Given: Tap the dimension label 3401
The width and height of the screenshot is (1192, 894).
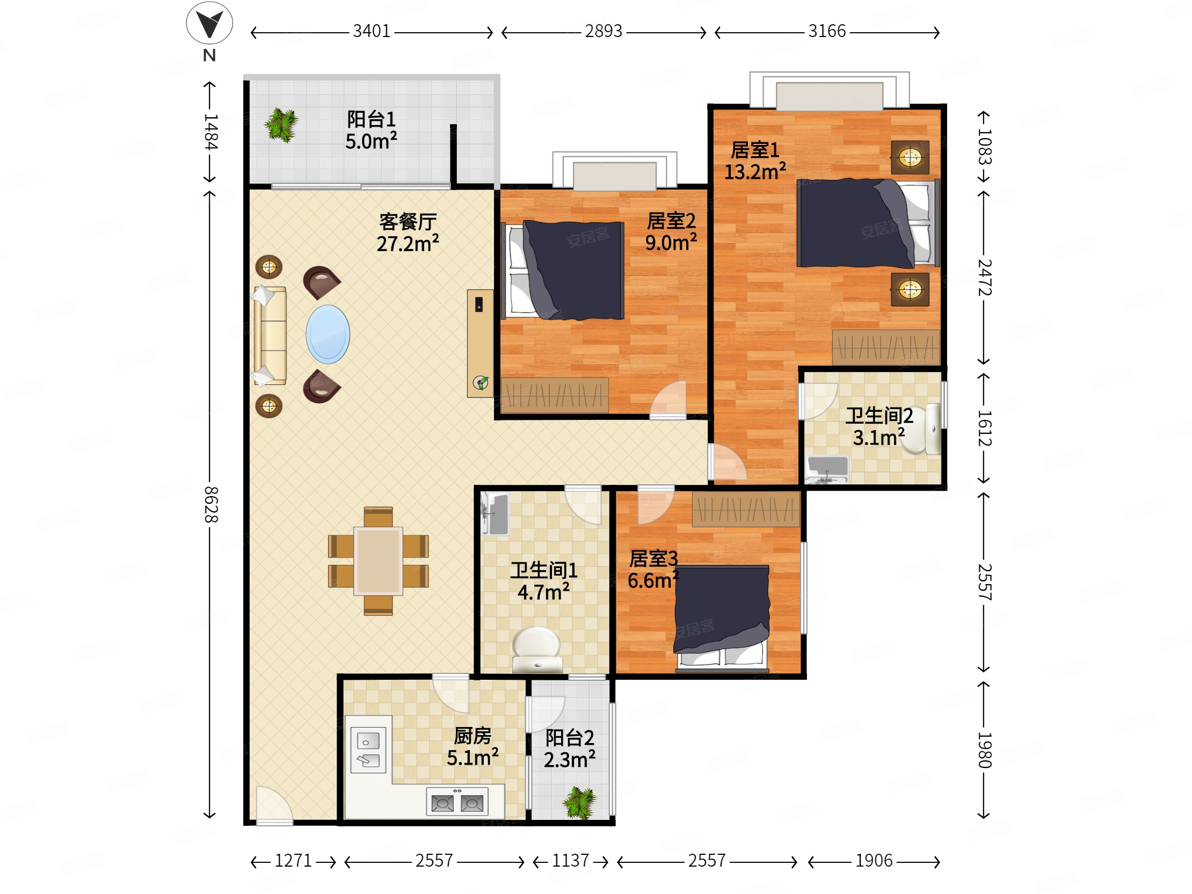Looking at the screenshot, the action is click(371, 31).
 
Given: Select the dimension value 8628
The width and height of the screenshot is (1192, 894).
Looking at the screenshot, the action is click(210, 504).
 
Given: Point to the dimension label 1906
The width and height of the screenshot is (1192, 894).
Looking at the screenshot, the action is click(874, 861).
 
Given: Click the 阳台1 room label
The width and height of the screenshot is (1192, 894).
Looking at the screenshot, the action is click(371, 119).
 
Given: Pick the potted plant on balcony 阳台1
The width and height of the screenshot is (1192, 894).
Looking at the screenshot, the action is click(281, 125).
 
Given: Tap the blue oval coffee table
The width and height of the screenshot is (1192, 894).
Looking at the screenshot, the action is click(328, 334).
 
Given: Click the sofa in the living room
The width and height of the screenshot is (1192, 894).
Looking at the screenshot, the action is click(270, 335).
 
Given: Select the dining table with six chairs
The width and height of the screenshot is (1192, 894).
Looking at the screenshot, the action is click(378, 561).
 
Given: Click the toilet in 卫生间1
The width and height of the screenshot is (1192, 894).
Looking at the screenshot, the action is click(536, 649).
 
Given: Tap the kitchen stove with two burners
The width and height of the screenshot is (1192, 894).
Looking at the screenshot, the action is click(457, 803).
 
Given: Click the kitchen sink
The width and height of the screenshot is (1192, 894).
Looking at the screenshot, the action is click(368, 750).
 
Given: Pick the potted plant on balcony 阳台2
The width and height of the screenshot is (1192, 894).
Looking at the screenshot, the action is click(580, 802).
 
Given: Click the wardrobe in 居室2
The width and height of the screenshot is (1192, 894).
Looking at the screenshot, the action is click(555, 395).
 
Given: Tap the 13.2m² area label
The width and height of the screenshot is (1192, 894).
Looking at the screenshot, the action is click(754, 171).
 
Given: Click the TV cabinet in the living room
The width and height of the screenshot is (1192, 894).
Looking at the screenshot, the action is click(480, 344).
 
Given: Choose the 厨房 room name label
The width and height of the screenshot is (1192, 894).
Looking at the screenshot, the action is click(473, 736).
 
